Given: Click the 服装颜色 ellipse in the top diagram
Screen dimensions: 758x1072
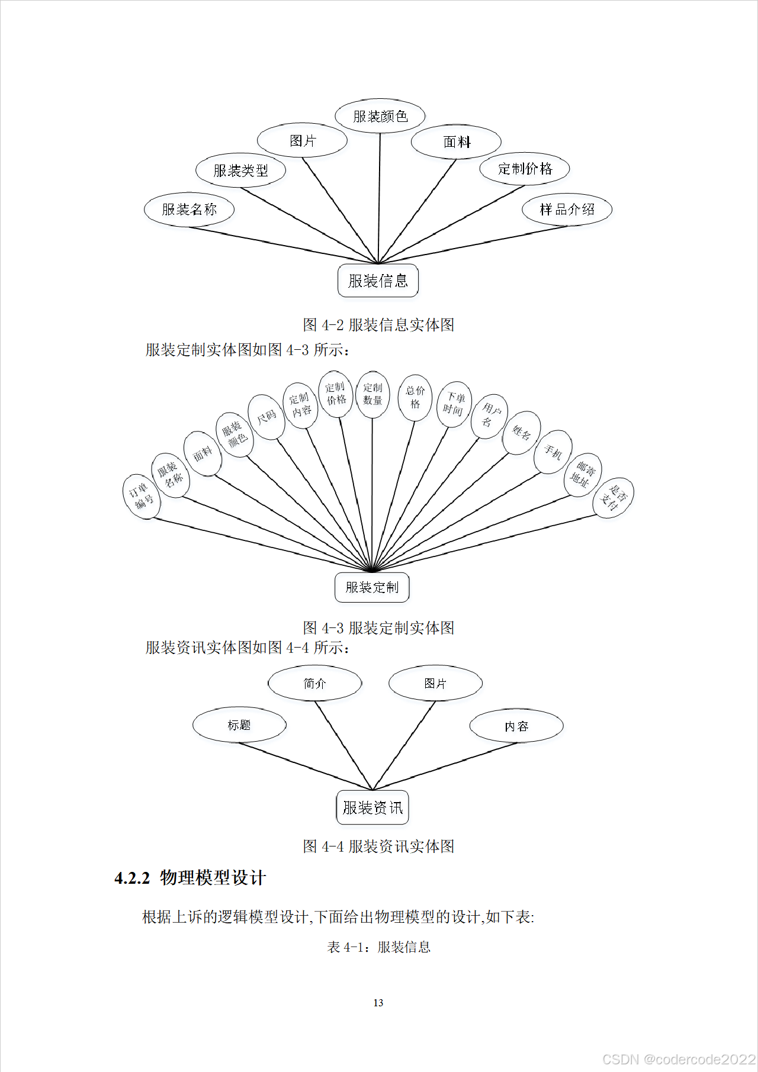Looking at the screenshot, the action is pos(380,116).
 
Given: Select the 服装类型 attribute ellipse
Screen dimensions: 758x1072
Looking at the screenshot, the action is pos(240,170).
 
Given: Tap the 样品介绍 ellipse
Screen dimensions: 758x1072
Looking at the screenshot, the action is pos(567,209).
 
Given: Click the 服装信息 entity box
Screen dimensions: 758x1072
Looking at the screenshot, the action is pos(378,281).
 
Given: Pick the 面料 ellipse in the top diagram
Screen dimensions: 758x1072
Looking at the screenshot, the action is pos(456,142).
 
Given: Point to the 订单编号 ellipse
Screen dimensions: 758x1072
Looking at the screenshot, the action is pos(142,496).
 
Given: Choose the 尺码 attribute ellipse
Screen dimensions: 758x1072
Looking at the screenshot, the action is pos(266,417).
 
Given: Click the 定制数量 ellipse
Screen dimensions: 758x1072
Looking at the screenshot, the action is pos(372,394).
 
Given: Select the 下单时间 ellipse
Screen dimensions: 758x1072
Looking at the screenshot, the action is pos(454,404).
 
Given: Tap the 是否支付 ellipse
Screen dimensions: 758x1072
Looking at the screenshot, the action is pos(614,497).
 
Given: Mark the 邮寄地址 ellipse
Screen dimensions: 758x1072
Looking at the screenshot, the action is pos(582,475).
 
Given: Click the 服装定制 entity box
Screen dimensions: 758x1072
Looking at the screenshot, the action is pos(372,587).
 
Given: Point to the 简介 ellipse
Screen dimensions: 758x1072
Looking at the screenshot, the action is pos(314,684).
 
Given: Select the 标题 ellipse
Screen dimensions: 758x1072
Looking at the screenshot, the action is pos(239,725).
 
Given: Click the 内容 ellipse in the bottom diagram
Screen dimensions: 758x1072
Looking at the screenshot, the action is pos(516,726).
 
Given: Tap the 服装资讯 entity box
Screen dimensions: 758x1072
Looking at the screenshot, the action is pos(372,807).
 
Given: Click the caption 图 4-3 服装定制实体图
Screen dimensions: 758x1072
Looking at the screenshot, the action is pos(378,627).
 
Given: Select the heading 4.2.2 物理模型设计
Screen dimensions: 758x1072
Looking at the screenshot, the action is pos(190,877).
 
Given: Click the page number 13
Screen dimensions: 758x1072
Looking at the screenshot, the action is pos(378,1003).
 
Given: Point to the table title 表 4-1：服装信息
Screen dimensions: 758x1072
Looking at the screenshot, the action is pos(378,947).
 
